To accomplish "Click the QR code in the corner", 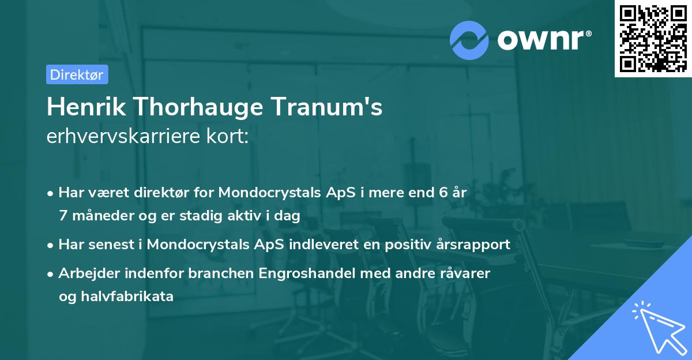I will (x=653, y=39).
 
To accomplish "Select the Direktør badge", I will (x=77, y=74).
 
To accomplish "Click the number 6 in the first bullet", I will (x=442, y=193).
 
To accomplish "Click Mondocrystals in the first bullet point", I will (x=270, y=193).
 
